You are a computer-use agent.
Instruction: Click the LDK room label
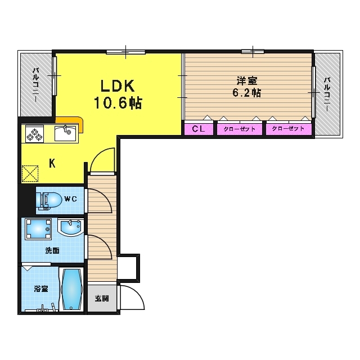pos(118,85)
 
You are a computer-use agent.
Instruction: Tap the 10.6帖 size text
pos(118,103)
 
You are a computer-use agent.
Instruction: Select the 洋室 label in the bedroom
pos(247,81)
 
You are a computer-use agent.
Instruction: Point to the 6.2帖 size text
pos(247,93)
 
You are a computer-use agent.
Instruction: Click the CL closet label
pos(199,129)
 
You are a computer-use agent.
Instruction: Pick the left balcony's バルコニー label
pos(35,85)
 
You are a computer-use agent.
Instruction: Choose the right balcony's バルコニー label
pos(327,94)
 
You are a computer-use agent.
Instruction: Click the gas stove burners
pos(35,134)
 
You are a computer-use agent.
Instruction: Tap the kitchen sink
pos(65,133)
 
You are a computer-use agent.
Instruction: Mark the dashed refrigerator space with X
pos(30,174)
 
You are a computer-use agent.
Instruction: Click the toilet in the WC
pos(49,201)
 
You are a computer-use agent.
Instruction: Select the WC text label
pos(70,199)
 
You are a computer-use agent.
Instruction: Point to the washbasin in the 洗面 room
pos(70,228)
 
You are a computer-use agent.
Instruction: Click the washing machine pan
pos(38,229)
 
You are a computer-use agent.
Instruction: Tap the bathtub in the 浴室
pos(72,289)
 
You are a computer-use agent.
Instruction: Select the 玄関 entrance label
pos(102,299)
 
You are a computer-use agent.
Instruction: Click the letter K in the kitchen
pos(52,164)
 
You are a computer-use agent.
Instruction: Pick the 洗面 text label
pos(52,250)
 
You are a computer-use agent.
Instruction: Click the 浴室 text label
pos(41,289)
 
